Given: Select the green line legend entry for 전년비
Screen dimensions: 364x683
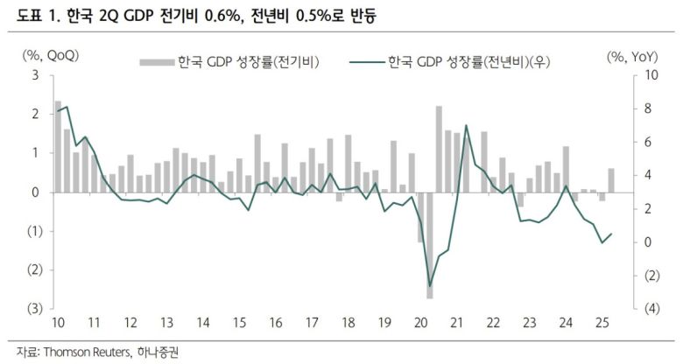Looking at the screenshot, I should pos(455,61).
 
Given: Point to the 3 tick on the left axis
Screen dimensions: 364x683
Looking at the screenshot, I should pos(34,75).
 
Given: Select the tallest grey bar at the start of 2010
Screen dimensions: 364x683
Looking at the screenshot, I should pos(58,146).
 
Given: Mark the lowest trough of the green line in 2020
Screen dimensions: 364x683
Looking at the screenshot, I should pos(430,285).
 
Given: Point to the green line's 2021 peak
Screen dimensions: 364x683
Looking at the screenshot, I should pos(466,126).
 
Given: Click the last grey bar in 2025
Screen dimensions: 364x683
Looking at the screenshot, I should pos(611,180).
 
